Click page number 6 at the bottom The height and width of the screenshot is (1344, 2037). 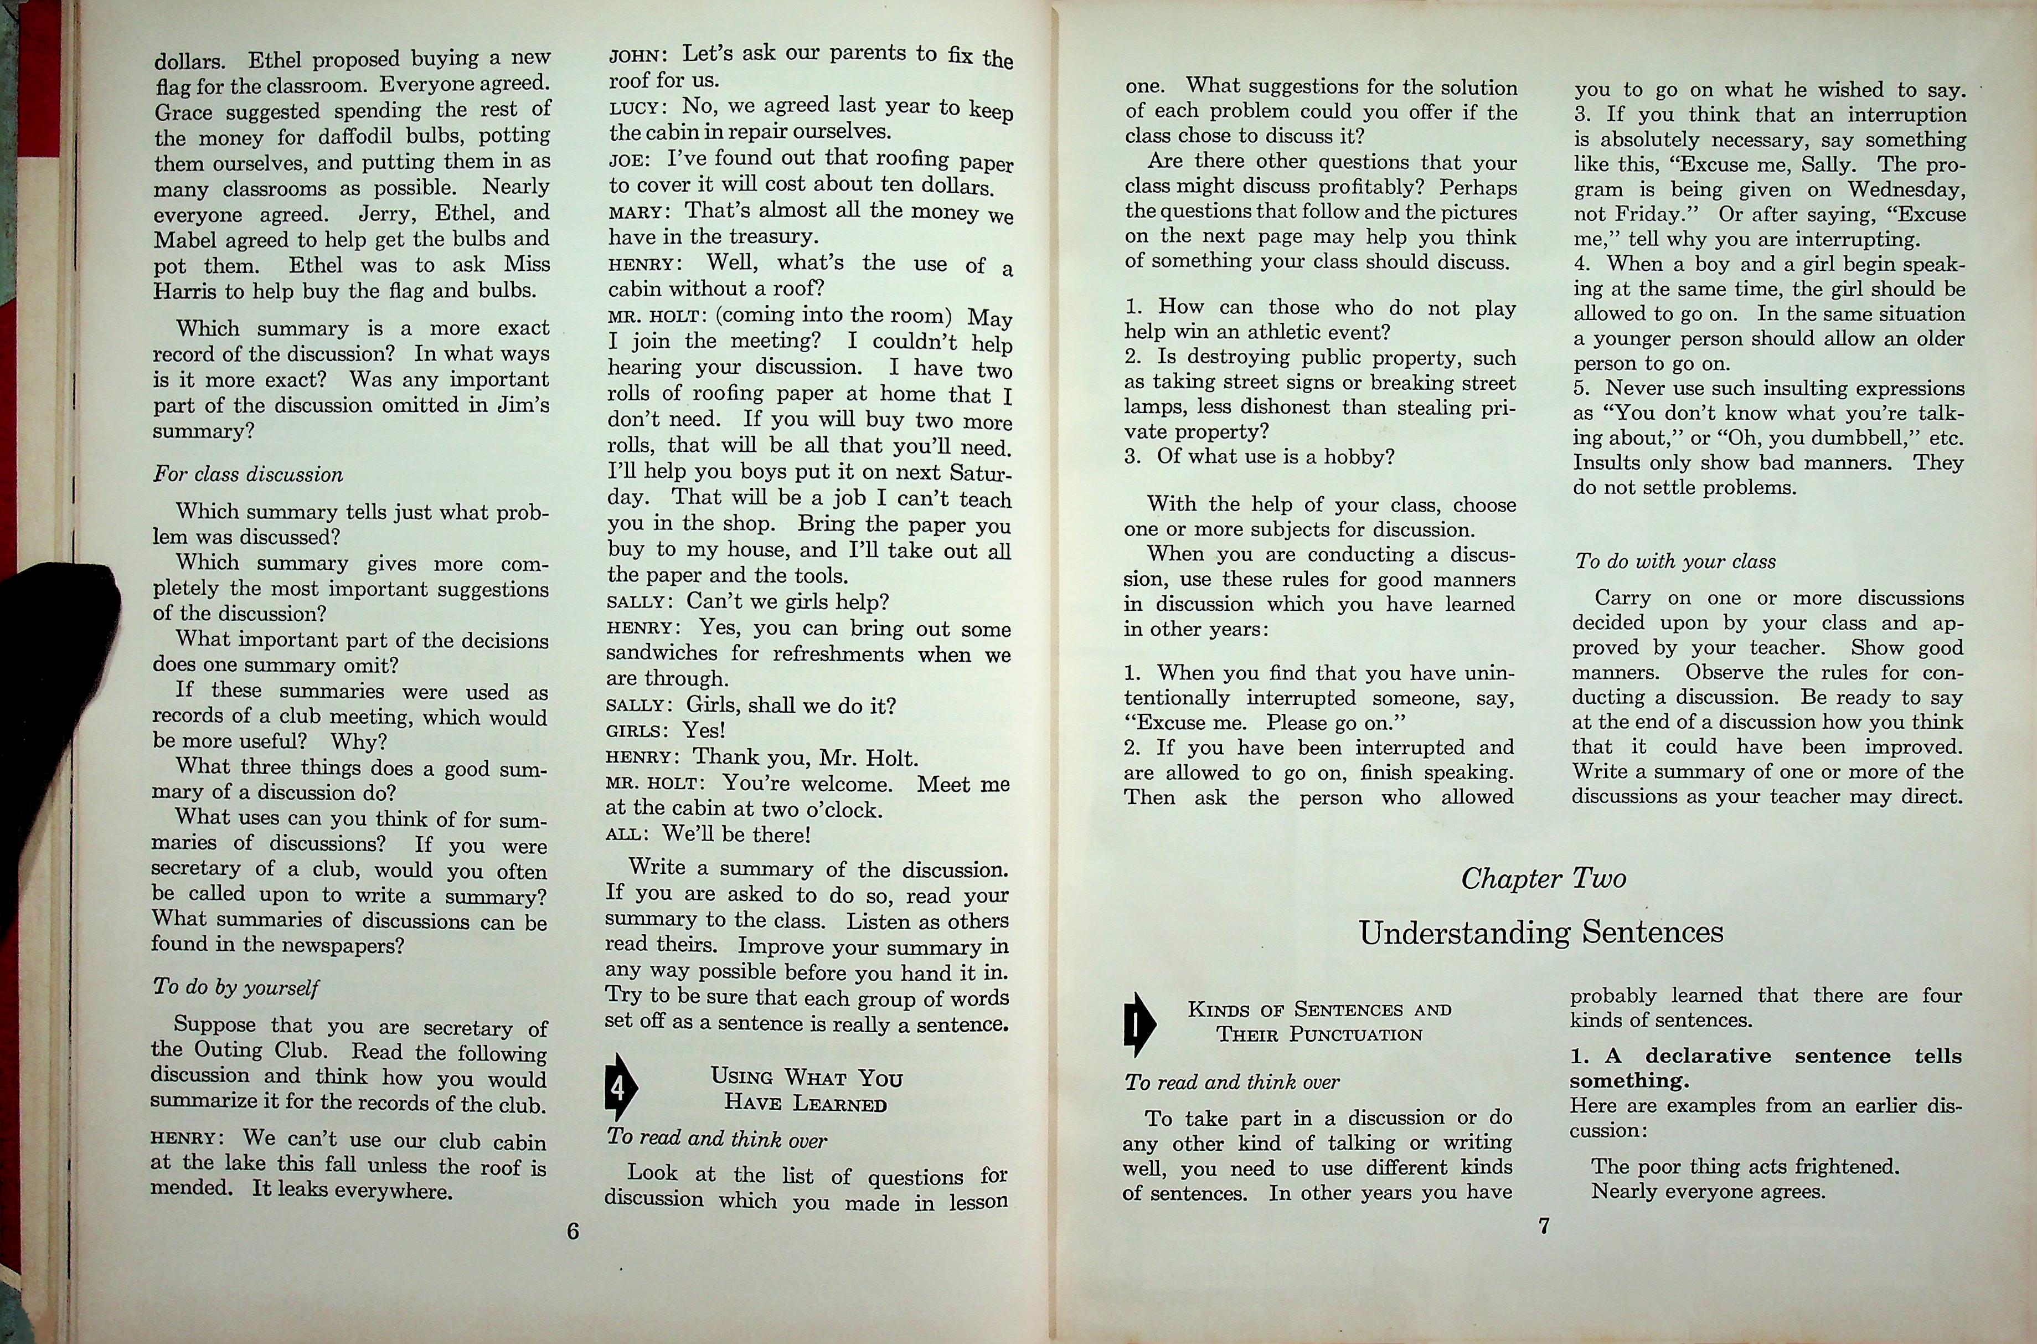(x=573, y=1231)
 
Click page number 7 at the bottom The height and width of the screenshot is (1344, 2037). (x=1543, y=1227)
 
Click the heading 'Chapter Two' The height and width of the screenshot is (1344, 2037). (x=1543, y=879)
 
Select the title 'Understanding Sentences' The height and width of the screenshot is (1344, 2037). (x=1541, y=931)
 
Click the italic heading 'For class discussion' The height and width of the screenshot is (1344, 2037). (x=247, y=474)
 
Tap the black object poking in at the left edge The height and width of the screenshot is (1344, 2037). (x=51, y=651)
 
